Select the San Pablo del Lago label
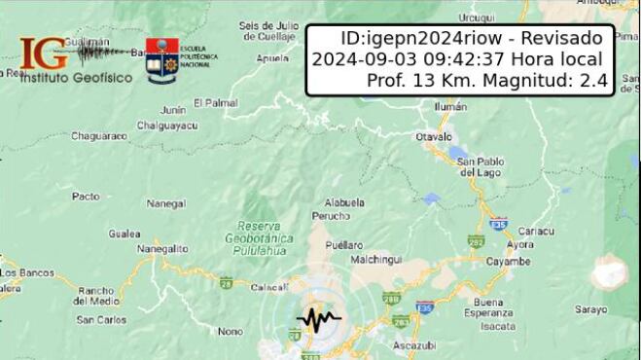479,166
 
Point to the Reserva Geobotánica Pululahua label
258,236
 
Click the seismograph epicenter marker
318,317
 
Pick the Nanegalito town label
162,249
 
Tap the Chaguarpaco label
100,136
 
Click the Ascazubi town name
414,344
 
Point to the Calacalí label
269,287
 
